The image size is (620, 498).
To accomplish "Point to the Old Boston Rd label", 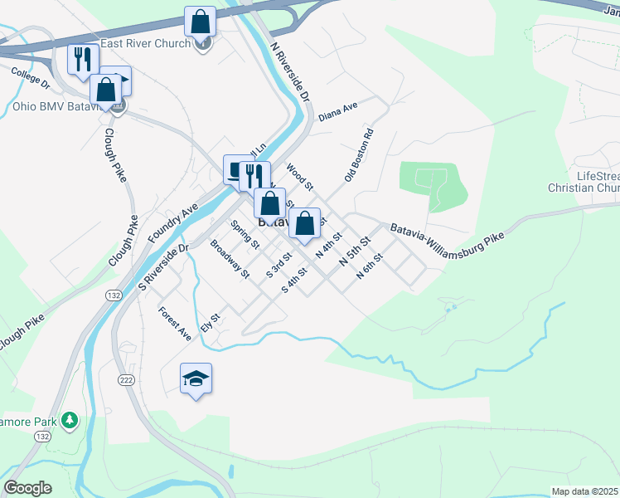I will pyautogui.click(x=359, y=155).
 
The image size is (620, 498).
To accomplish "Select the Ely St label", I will pyautogui.click(x=210, y=323).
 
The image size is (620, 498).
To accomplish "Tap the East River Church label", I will pyautogui.click(x=145, y=43).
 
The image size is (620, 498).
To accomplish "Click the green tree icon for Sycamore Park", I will pyautogui.click(x=70, y=422).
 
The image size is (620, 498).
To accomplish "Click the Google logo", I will pyautogui.click(x=27, y=487).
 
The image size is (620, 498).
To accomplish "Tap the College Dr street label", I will pyautogui.click(x=31, y=79).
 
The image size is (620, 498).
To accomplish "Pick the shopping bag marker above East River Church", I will pyautogui.click(x=200, y=22).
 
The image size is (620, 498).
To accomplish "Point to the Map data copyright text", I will pyautogui.click(x=584, y=491).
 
